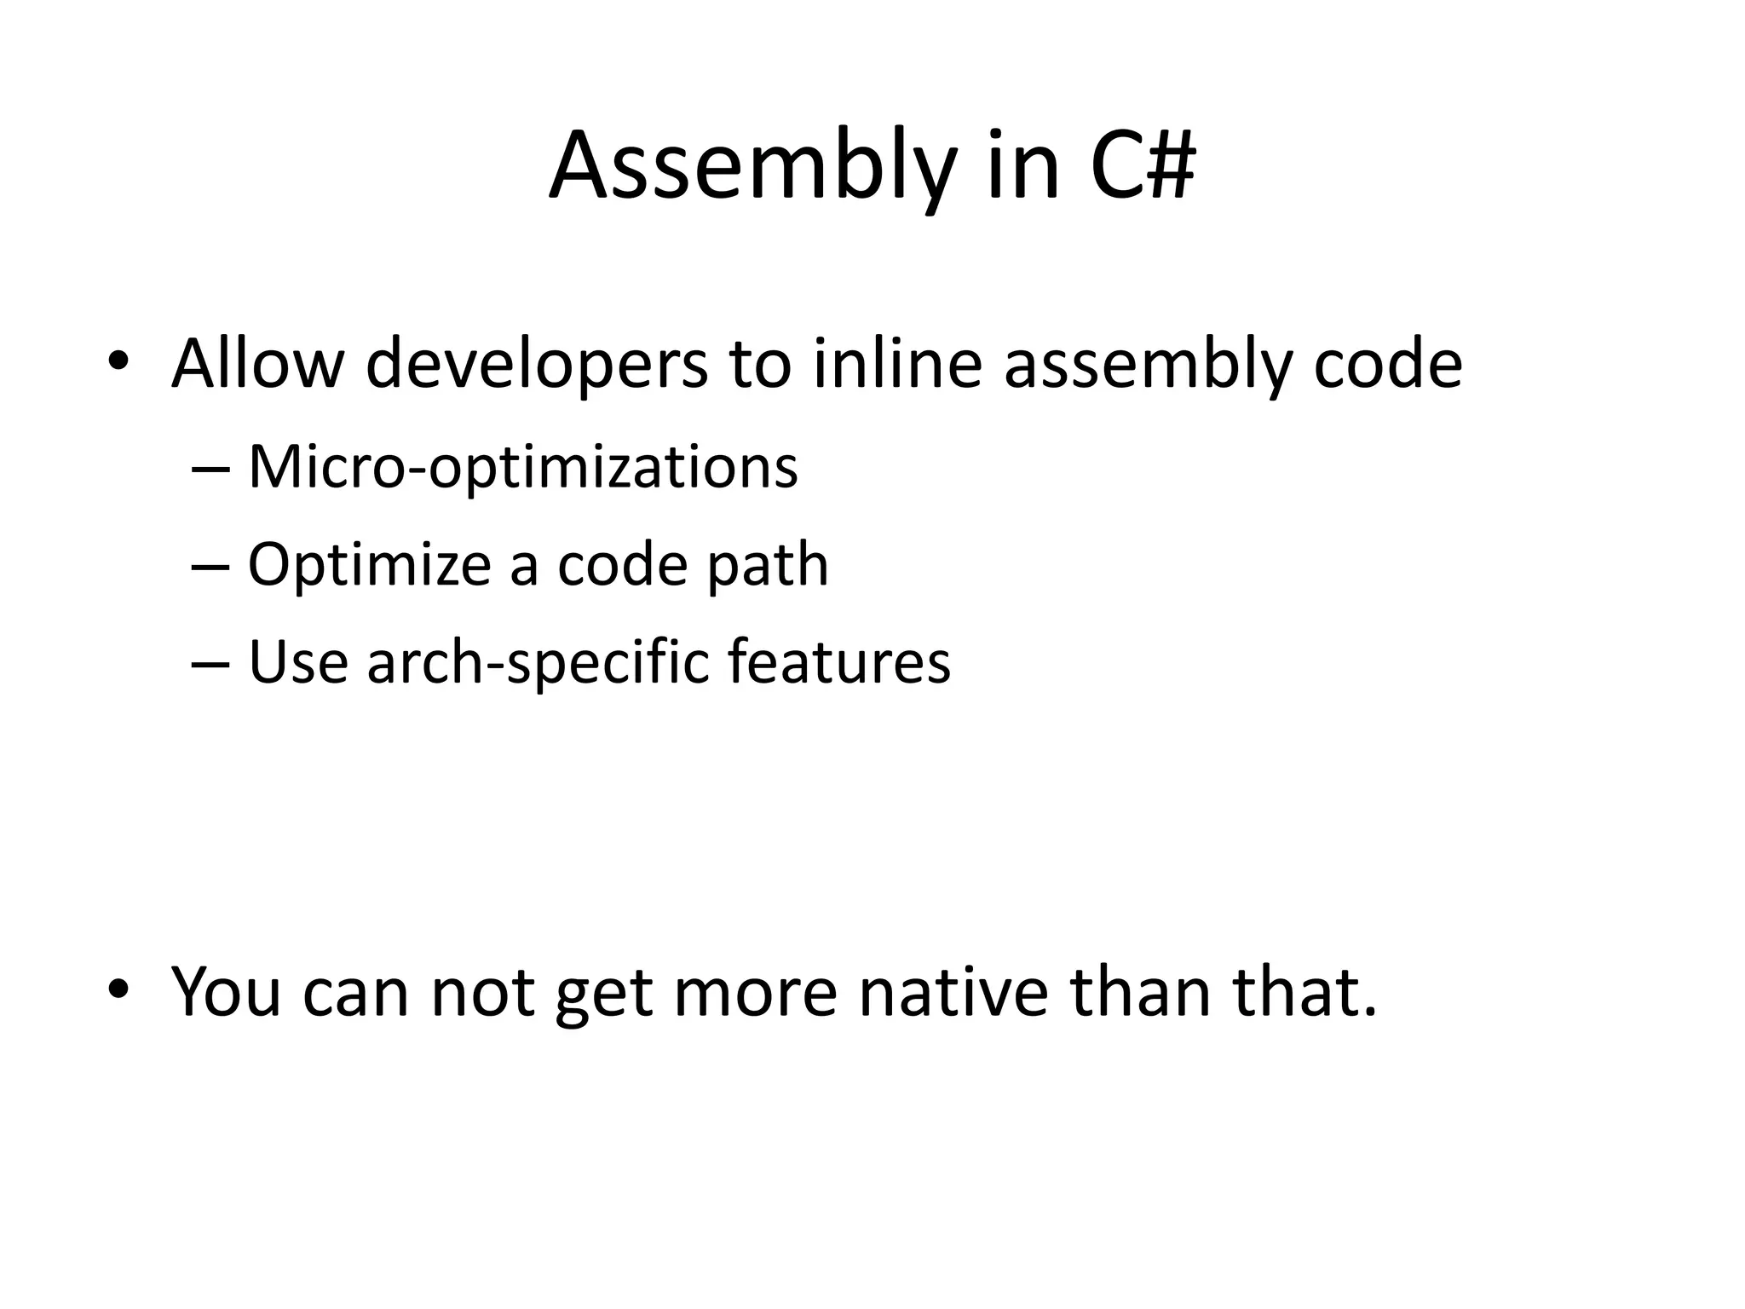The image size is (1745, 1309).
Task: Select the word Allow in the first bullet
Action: tap(256, 364)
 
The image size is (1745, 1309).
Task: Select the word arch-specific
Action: tap(538, 663)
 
